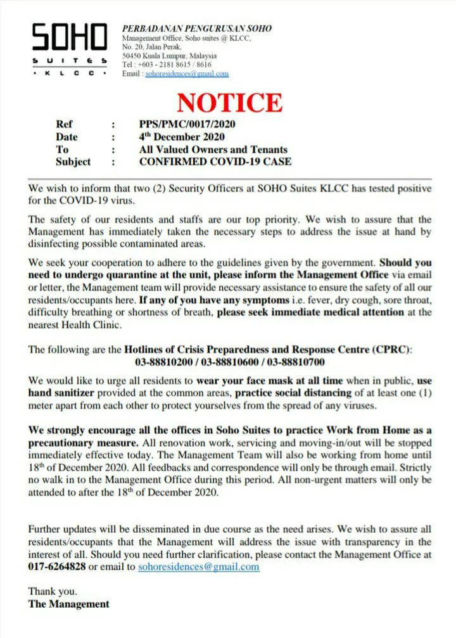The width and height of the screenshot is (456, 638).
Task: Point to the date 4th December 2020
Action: (182, 137)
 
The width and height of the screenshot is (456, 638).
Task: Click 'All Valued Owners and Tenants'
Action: (213, 150)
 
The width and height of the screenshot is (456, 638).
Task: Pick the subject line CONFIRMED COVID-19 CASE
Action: (215, 162)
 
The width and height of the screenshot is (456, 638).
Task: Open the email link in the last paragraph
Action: (198, 566)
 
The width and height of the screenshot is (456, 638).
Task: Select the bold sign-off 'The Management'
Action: (68, 604)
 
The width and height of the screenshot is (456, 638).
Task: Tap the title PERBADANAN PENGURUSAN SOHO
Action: (197, 29)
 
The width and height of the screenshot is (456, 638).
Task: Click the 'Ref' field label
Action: (64, 125)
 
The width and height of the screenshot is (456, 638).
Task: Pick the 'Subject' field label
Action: (73, 162)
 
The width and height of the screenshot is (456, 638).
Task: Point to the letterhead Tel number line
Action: (167, 65)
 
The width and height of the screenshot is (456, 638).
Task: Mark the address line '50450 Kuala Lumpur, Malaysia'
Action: (179, 56)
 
